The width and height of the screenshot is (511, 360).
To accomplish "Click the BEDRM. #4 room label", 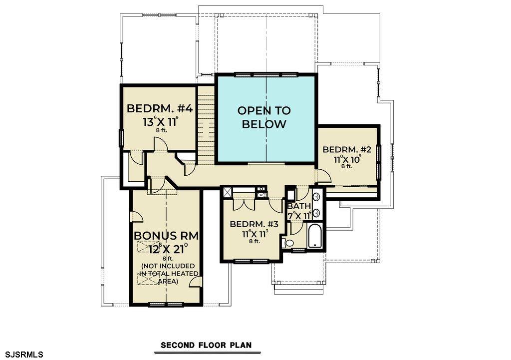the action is (160, 108).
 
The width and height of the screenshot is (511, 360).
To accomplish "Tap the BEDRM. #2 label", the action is (347, 150).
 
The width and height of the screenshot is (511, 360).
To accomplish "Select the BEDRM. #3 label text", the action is (254, 224).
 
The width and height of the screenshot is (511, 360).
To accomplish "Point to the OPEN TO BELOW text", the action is (264, 117).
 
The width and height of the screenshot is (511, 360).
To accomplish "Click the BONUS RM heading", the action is (166, 236).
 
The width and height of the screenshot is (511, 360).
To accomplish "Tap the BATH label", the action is (299, 206).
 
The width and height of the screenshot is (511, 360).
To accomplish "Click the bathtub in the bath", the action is (315, 236).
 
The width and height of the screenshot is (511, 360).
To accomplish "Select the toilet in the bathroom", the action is (287, 243).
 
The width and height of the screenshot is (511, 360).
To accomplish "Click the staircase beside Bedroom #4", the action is (206, 125).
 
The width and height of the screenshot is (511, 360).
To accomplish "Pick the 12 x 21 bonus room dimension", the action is (168, 249).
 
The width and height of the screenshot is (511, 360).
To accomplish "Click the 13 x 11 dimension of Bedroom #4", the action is (160, 122).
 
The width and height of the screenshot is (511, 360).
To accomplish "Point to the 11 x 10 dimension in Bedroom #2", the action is (347, 159).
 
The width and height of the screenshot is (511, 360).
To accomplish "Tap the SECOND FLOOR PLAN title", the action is (206, 345).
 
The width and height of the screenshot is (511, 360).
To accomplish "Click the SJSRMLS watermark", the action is (22, 354).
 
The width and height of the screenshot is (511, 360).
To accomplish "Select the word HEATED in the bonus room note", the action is (186, 274).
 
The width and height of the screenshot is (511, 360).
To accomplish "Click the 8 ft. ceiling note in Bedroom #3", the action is (255, 241).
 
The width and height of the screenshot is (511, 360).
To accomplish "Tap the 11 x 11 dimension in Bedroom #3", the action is (255, 234).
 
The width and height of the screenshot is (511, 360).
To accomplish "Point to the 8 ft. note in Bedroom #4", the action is (161, 130).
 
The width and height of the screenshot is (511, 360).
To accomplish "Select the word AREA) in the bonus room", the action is (168, 281).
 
